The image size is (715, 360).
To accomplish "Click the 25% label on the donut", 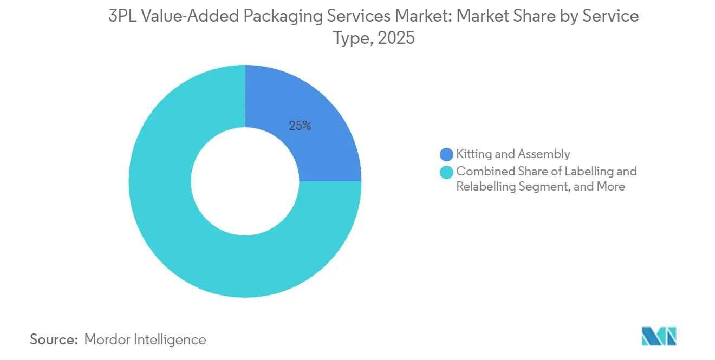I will point(300,126).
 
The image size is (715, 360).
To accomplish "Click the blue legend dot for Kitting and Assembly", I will point(446,155).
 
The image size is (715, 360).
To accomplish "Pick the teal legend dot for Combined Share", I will point(446,172).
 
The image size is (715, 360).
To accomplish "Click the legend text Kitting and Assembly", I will point(512,154).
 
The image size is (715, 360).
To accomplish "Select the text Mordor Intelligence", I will point(145,339).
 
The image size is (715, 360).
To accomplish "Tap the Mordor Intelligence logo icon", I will point(659,336).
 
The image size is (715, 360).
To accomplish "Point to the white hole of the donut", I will point(245,181).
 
